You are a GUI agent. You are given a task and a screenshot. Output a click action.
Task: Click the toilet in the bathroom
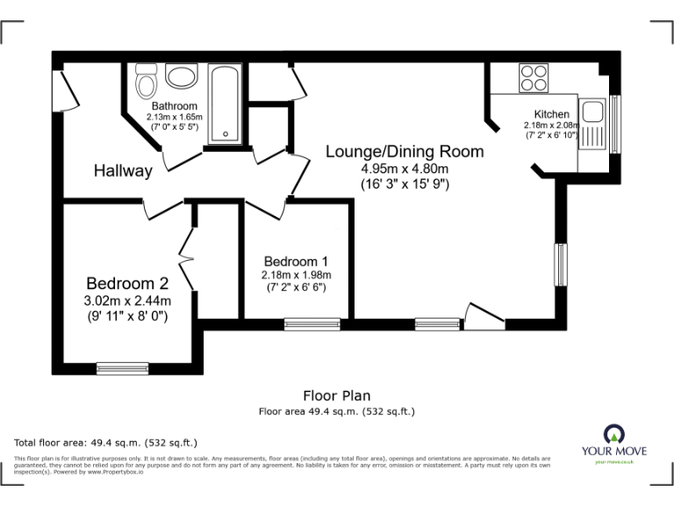146,81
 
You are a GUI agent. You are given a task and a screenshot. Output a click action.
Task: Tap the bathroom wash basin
182,76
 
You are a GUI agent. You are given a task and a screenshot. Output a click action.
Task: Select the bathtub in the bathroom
224,103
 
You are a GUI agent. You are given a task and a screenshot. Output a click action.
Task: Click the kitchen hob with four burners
533,78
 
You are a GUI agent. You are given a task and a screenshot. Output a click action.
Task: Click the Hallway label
123,170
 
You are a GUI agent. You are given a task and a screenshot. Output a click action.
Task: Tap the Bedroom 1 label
297,261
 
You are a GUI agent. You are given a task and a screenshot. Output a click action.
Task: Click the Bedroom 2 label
126,283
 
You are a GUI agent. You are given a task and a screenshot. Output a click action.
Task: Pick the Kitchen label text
552,114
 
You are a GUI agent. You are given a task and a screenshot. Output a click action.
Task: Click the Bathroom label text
173,106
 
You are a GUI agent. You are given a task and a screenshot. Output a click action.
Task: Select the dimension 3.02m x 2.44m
126,300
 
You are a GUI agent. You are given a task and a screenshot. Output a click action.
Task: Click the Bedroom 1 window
312,323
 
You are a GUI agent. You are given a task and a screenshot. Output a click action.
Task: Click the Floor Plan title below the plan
337,395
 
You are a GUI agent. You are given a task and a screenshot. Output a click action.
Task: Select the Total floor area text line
106,443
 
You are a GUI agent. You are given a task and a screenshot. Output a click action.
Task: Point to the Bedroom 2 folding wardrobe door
186,257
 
